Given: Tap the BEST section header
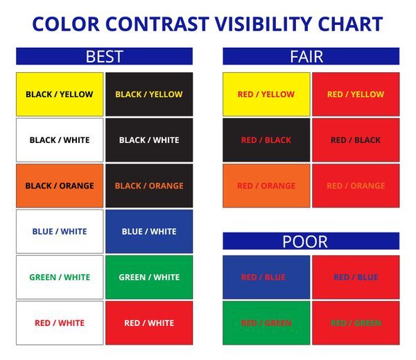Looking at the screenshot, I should [x=104, y=56].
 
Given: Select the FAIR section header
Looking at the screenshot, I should [x=311, y=56].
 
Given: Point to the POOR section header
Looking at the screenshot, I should [x=311, y=241].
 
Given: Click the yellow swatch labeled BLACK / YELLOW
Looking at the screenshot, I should [x=60, y=94].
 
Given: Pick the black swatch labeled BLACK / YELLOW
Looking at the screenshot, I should [x=149, y=94].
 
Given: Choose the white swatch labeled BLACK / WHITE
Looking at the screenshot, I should [x=60, y=140].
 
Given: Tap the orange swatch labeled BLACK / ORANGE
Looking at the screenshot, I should [x=60, y=186].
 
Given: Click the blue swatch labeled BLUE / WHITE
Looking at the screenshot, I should [x=149, y=232].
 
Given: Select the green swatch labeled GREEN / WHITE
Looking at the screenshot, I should [x=149, y=277].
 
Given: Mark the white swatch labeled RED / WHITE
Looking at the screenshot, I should [x=60, y=323].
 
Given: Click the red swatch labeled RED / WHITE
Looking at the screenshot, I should [x=149, y=323].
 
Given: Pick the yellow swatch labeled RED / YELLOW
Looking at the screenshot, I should [x=266, y=94].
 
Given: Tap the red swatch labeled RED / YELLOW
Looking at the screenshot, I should [x=356, y=94].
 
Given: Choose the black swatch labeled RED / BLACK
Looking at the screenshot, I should [x=266, y=140].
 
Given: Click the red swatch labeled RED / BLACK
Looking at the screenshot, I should [x=356, y=140].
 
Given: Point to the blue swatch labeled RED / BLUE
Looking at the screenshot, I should [x=266, y=277].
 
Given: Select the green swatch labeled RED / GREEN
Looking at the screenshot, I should [x=266, y=323].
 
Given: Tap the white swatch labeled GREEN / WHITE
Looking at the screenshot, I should [x=60, y=277].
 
